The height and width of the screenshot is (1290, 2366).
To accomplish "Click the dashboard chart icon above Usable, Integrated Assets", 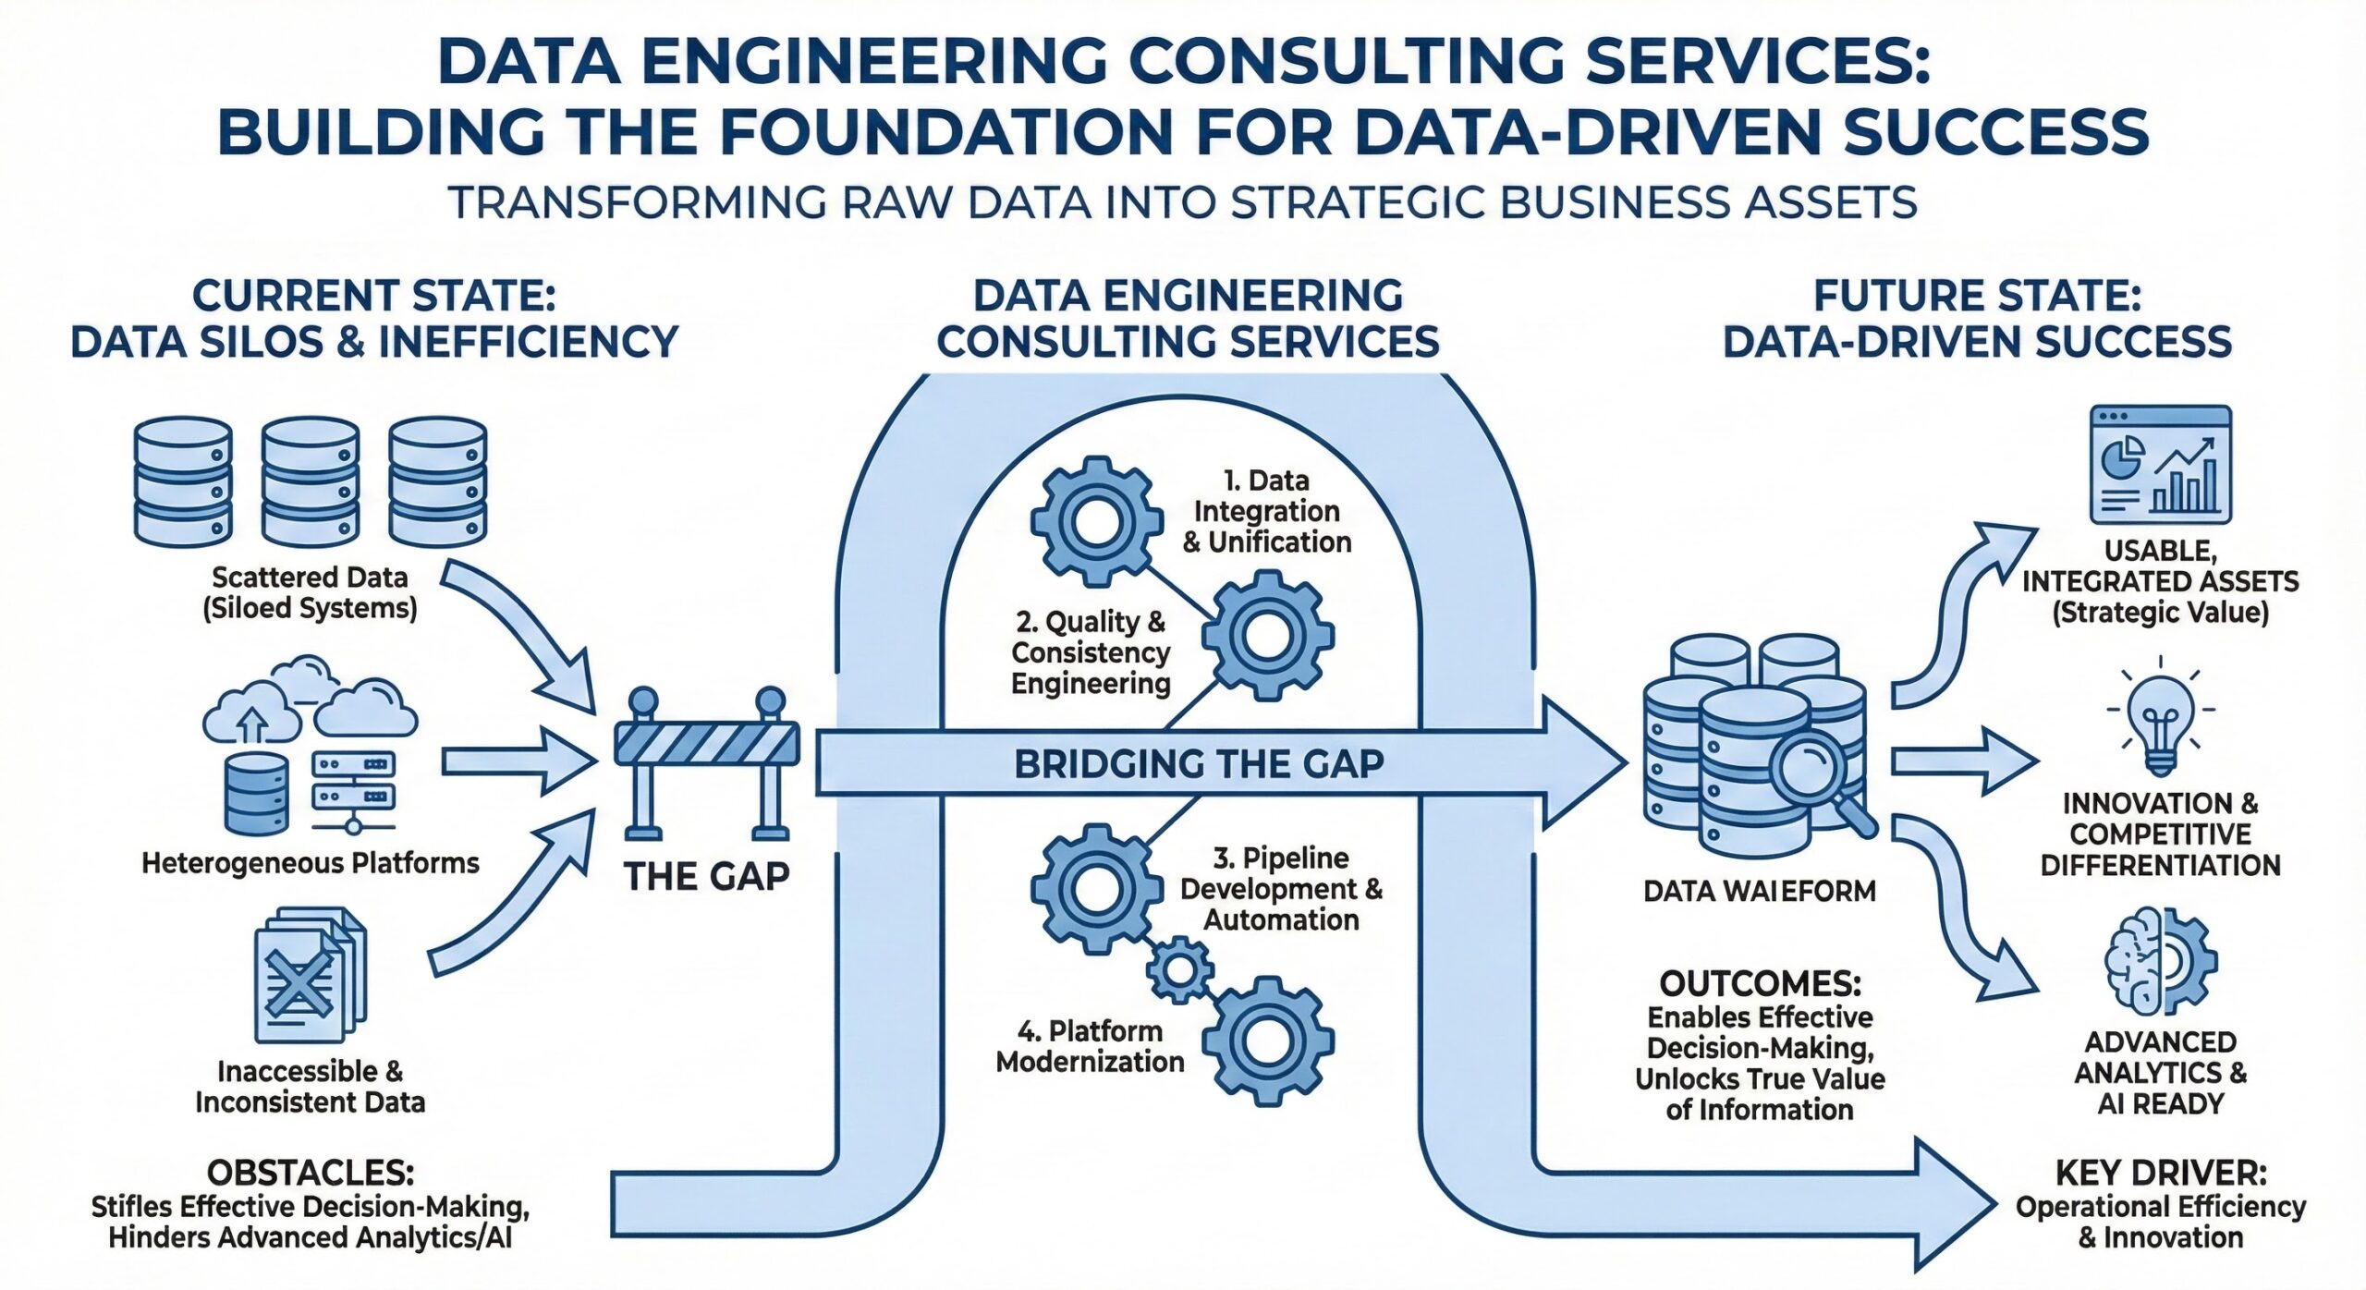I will [2160, 465].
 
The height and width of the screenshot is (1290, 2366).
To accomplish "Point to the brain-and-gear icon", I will [2160, 961].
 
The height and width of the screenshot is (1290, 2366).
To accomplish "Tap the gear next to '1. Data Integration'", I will [1097, 521].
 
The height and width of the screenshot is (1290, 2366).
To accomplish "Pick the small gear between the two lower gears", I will [1180, 970].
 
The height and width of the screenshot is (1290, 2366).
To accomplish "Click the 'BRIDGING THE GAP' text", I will [1199, 764].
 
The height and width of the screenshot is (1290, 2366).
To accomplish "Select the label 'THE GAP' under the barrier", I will [707, 876].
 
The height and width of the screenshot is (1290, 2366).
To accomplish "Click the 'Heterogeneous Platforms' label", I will [311, 863].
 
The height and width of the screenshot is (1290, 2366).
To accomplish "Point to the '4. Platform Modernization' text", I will [1091, 1046].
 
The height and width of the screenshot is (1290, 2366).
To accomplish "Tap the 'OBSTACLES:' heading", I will [311, 1173].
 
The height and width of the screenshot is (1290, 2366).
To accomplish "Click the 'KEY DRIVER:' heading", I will [2160, 1173].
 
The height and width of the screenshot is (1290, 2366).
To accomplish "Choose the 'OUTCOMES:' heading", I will [1760, 983].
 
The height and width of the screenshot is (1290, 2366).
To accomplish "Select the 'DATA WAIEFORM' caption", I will [1760, 891].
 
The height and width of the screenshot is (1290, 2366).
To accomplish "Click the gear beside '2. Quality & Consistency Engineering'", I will [1267, 636].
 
